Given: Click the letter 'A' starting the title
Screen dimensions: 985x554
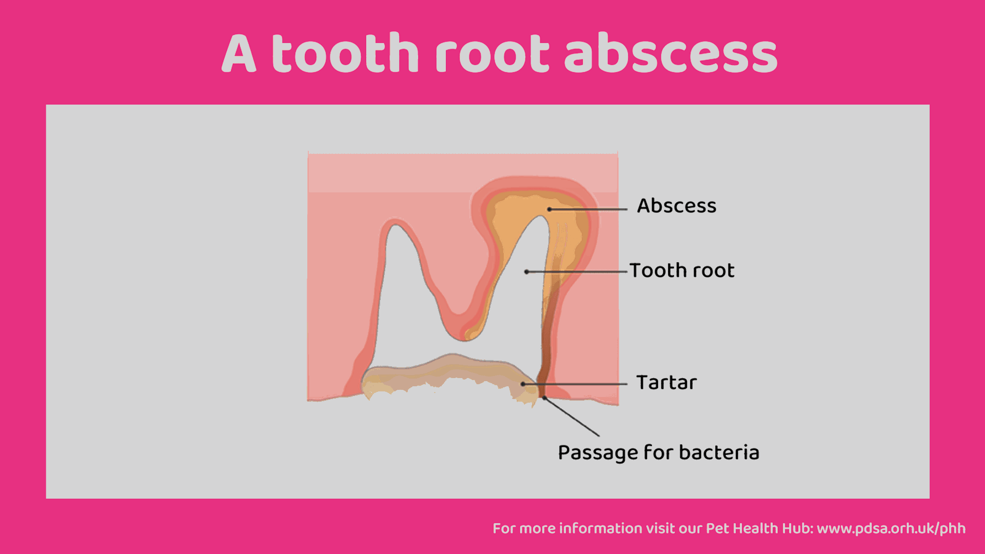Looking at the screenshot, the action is pyautogui.click(x=239, y=54).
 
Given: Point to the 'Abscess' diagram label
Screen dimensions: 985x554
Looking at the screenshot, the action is pyautogui.click(x=677, y=206).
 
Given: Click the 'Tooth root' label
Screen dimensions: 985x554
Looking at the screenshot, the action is pyautogui.click(x=682, y=270).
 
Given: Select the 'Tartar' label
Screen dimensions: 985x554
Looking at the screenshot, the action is pyautogui.click(x=666, y=382).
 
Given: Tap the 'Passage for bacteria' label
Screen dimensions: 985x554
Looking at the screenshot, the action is pyautogui.click(x=659, y=453).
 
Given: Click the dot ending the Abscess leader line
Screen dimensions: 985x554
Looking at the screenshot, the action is pyautogui.click(x=549, y=209).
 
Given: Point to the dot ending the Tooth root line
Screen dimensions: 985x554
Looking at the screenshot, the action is pyautogui.click(x=526, y=271).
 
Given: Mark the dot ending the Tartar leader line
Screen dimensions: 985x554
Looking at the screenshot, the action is pyautogui.click(x=523, y=384).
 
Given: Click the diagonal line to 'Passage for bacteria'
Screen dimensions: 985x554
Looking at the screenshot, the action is pyautogui.click(x=572, y=417).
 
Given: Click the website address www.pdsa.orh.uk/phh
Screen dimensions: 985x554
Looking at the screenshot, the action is pyautogui.click(x=891, y=528).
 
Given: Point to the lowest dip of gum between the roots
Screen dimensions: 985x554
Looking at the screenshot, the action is pyautogui.click(x=464, y=340).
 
